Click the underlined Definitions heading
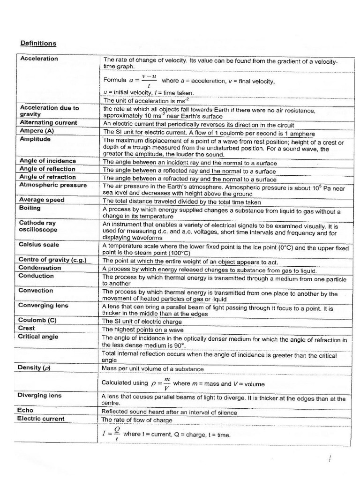point(38,44)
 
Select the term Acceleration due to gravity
point(49,111)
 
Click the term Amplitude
point(35,139)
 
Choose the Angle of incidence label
point(47,161)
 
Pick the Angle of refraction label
point(47,177)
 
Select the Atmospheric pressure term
point(53,185)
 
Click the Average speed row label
point(42,200)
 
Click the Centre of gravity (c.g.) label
point(52,260)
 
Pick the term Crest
point(27,328)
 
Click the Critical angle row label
point(38,337)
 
